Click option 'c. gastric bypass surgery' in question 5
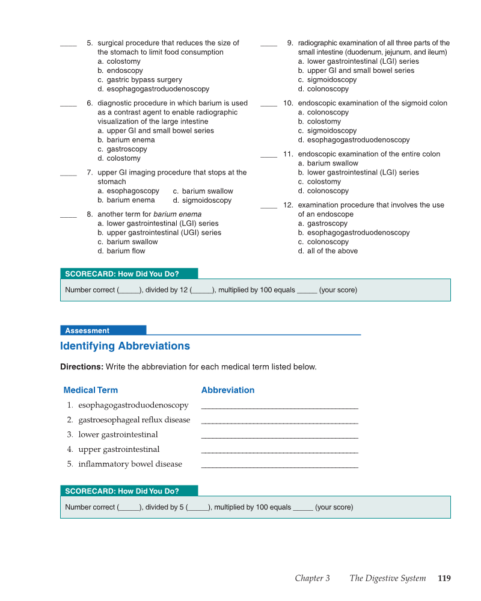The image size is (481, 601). (139, 79)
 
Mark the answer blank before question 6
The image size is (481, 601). (69, 105)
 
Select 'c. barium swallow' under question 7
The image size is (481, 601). (203, 191)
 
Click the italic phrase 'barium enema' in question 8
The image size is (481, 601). (177, 214)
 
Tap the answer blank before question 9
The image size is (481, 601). (269, 45)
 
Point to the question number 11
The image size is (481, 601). (288, 154)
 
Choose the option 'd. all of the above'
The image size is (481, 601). (328, 251)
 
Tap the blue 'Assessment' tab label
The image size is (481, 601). (87, 330)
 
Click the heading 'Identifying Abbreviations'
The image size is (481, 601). (125, 346)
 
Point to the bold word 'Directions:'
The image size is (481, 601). (82, 366)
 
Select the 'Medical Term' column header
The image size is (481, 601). (91, 390)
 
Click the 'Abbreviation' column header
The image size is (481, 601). (228, 390)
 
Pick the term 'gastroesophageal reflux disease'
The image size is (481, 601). (134, 420)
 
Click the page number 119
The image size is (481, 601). (444, 578)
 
